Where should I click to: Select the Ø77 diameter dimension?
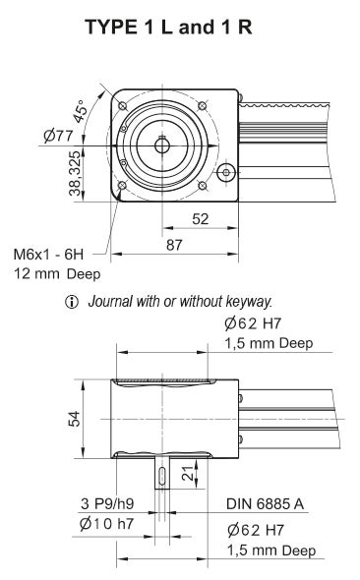click(58, 136)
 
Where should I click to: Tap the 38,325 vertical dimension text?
click(74, 174)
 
